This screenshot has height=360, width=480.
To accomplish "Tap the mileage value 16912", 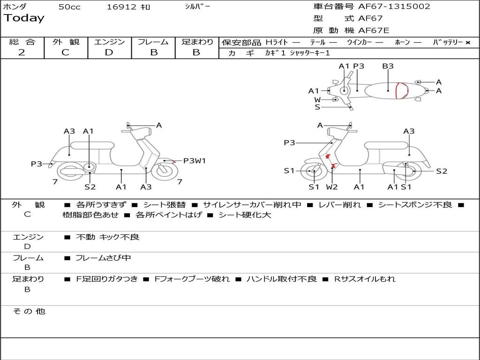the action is (x=121, y=7).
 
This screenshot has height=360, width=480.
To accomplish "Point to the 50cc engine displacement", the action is (x=69, y=7).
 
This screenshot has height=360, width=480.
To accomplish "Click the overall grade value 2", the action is (x=22, y=52).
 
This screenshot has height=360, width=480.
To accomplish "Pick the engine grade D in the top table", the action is (x=109, y=52).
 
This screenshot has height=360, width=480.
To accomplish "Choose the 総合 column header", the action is (x=22, y=42).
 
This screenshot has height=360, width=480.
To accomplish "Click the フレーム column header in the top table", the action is (x=153, y=42).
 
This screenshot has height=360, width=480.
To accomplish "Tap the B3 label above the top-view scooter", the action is (x=388, y=66).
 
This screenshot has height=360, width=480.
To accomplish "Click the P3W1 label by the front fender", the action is (x=194, y=161).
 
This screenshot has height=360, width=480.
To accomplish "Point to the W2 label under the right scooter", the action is (x=332, y=187).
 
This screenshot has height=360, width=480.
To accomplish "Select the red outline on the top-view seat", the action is (x=401, y=90).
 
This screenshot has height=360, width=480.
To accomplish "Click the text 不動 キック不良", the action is (x=107, y=237).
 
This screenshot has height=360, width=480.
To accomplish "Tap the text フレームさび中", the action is (x=103, y=258).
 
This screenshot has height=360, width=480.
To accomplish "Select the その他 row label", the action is (x=29, y=311).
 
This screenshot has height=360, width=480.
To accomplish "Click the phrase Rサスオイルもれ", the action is (x=365, y=279).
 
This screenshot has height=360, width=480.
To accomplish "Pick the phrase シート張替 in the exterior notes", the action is (x=164, y=205).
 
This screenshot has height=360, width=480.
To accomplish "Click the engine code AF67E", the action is (x=374, y=30).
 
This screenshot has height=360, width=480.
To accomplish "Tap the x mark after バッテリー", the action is (x=467, y=42).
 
